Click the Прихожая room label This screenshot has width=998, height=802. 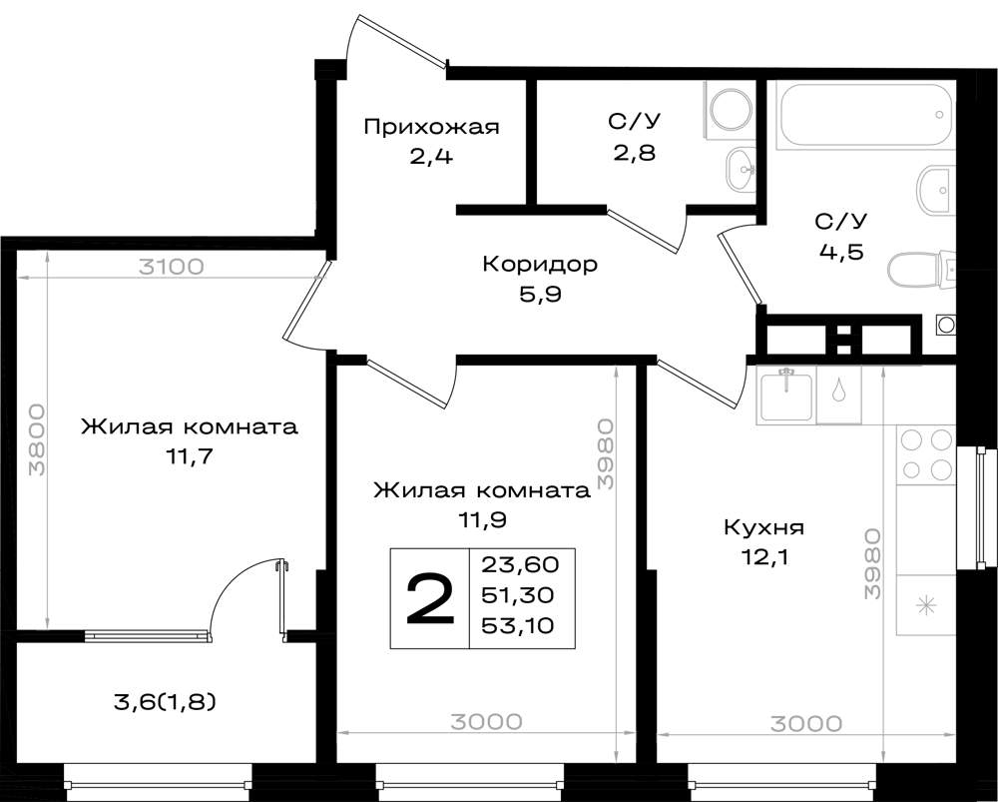coord(431,127)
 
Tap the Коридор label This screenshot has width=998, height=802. coord(540,264)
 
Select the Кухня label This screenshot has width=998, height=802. coord(763,528)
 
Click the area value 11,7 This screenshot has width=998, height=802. coord(188,457)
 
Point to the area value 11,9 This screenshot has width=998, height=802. coord(482,521)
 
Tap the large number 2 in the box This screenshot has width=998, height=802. coord(430,599)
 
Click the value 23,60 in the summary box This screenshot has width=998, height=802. coord(520,564)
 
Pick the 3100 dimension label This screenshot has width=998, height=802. coord(172,267)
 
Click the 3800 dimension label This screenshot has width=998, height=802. coord(38,440)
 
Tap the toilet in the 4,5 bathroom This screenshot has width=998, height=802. coord(921,272)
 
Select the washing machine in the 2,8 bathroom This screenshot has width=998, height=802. coord(729,110)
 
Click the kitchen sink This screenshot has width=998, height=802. coord(786,397)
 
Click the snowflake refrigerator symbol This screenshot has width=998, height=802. coord(926,605)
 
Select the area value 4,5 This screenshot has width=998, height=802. coord(840,252)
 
